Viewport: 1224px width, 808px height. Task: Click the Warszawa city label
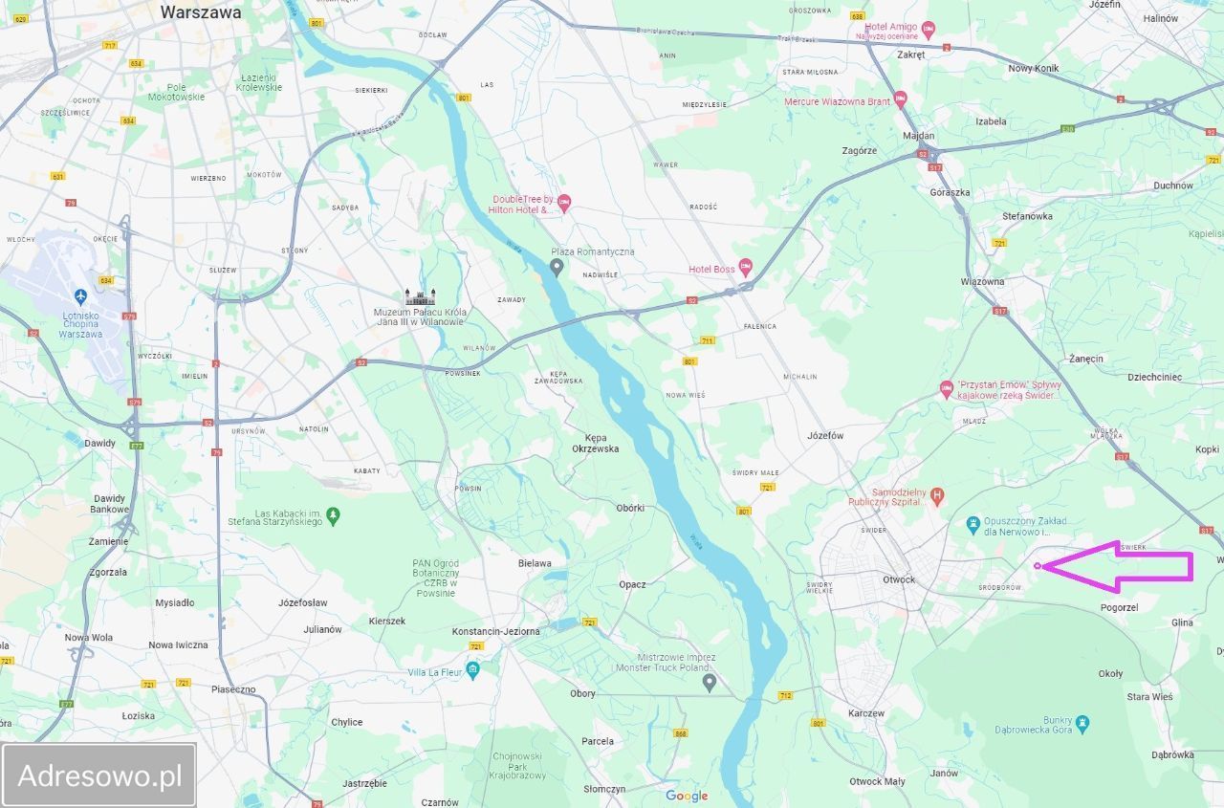(201, 12)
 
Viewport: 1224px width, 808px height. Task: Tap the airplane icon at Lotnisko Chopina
(80, 295)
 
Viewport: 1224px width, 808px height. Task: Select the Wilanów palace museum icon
(421, 296)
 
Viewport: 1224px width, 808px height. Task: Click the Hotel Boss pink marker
(746, 269)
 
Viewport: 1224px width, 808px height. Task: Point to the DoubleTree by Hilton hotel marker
(564, 201)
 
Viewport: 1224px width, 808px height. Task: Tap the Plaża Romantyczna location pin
(557, 265)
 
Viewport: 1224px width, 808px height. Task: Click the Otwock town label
(899, 579)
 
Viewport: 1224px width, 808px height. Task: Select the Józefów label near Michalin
(824, 435)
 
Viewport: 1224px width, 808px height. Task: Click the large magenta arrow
(1128, 567)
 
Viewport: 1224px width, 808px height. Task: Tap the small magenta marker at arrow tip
(1038, 567)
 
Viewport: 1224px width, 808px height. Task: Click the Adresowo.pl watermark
(99, 775)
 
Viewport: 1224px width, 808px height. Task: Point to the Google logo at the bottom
(687, 796)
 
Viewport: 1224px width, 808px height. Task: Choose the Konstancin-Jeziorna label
(496, 631)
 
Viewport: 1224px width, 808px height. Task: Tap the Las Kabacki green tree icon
(333, 515)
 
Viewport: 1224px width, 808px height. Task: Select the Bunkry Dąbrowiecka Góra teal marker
(1082, 722)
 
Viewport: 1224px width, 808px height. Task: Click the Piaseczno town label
(233, 688)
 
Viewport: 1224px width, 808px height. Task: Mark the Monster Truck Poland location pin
(709, 682)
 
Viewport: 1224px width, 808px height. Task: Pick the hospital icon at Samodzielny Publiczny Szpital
(937, 494)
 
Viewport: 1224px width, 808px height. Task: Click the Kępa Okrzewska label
(595, 442)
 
